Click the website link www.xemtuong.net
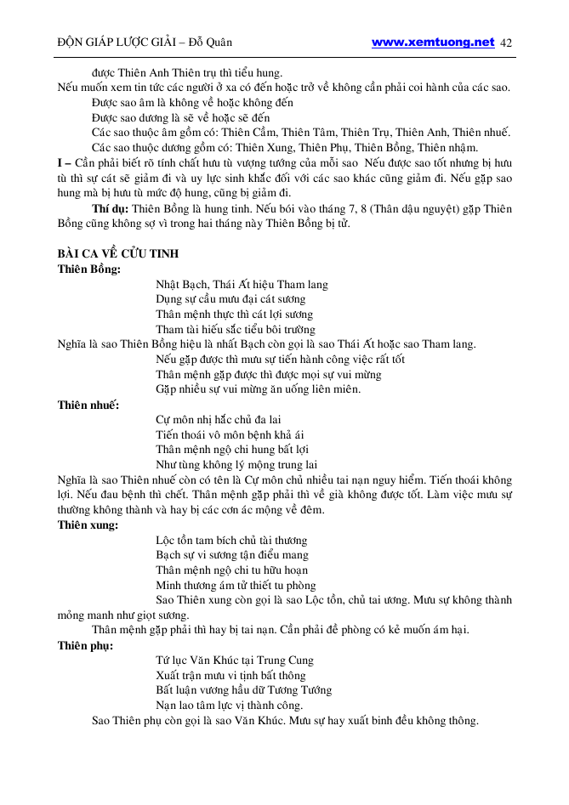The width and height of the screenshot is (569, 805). tap(433, 42)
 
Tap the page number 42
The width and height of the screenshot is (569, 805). tap(507, 43)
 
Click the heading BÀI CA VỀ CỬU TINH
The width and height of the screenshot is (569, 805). tap(117, 254)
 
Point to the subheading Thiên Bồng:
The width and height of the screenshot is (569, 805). tap(88, 269)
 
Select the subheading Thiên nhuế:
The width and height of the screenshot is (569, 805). tap(88, 405)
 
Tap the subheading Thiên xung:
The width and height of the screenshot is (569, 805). tap(88, 525)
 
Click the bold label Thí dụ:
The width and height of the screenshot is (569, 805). tap(111, 208)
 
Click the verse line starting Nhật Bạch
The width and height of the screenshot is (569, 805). tap(242, 285)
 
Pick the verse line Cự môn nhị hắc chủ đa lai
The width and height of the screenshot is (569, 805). tap(230, 420)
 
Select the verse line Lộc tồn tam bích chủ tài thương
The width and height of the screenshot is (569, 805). tap(231, 541)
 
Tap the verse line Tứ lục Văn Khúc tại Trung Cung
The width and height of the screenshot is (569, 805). tap(235, 660)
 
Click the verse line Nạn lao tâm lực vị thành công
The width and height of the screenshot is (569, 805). tap(230, 706)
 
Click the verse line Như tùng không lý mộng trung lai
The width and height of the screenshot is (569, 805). tap(236, 465)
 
